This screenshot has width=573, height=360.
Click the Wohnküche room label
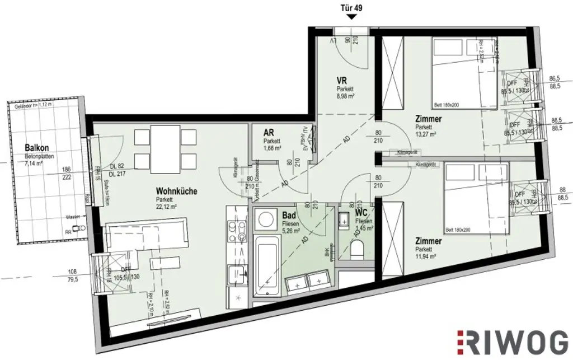click(x=176, y=191)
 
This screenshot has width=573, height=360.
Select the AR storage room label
click(x=269, y=133)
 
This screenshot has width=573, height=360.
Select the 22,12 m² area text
click(x=167, y=206)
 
